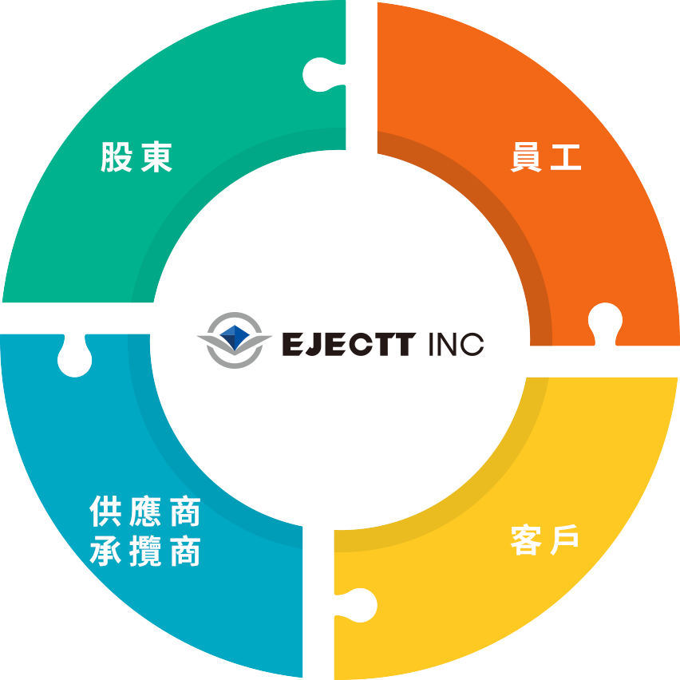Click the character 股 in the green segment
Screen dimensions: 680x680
(x=117, y=157)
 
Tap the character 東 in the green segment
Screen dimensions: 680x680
(x=156, y=157)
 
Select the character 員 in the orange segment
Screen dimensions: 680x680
(x=526, y=157)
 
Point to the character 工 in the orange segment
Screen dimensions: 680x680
(x=566, y=157)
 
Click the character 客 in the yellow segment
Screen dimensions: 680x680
(x=526, y=540)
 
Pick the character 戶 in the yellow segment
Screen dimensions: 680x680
(x=564, y=540)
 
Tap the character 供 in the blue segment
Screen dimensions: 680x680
(x=105, y=512)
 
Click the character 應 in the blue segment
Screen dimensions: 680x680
(x=145, y=512)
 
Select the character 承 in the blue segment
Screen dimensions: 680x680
(x=105, y=551)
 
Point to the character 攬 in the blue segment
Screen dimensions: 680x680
(x=145, y=551)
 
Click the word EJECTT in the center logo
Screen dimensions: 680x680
(x=349, y=344)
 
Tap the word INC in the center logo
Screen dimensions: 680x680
(x=457, y=344)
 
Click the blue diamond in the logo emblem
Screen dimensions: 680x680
(x=235, y=338)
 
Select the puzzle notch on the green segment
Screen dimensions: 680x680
(x=323, y=74)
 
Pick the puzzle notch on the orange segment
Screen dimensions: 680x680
(x=606, y=323)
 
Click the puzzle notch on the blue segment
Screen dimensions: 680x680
(x=74, y=357)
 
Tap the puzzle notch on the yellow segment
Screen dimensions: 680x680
(x=357, y=606)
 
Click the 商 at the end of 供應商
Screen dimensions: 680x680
(x=185, y=512)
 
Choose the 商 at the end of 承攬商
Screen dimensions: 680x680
(x=185, y=551)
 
